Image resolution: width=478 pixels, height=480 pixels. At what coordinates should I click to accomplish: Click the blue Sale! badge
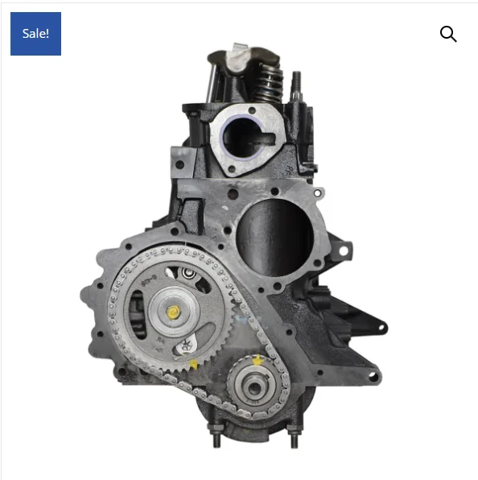pyautogui.click(x=35, y=34)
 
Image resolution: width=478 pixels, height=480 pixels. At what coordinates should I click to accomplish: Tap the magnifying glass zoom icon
pyautogui.click(x=448, y=34)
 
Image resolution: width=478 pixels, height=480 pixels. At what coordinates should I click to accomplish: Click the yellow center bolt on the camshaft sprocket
pyautogui.click(x=173, y=312)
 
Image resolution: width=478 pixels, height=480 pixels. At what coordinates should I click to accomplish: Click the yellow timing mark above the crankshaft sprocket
pyautogui.click(x=258, y=360)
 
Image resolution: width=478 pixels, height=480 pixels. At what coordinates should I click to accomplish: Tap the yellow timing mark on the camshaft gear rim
pyautogui.click(x=194, y=364)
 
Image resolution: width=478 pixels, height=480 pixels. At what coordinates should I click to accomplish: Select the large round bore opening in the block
pyautogui.click(x=274, y=238)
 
